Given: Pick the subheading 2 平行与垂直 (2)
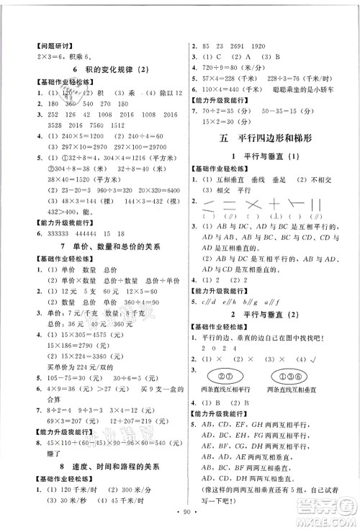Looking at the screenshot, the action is (x=267, y=324).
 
